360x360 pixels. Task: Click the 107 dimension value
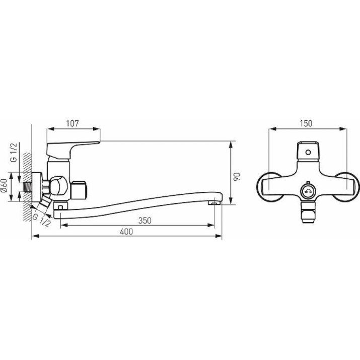73,123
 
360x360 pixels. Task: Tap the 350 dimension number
145,221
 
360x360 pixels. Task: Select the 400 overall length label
126,232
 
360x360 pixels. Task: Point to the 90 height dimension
237,176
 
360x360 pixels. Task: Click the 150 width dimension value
306,123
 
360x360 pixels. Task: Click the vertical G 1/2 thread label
14,153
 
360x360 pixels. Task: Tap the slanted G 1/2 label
41,220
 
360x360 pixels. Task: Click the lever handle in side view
73,150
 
